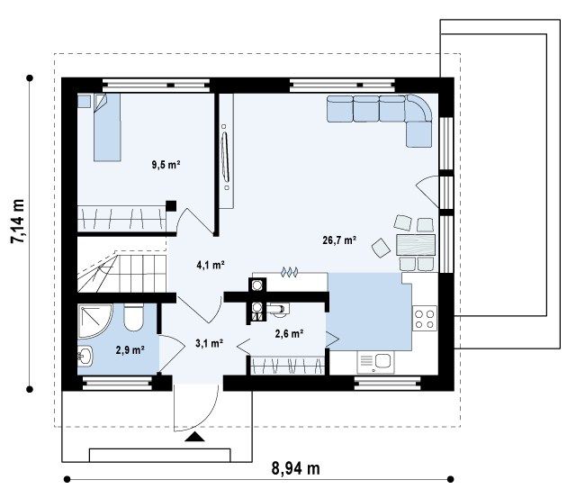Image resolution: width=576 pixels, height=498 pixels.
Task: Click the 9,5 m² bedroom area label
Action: pyautogui.click(x=166, y=165)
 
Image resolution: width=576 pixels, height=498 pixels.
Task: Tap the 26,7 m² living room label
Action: pyautogui.click(x=339, y=240)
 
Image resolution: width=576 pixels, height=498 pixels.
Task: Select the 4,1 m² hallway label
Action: pyautogui.click(x=211, y=265)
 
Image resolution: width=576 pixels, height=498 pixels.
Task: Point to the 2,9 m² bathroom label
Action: pyautogui.click(x=130, y=350)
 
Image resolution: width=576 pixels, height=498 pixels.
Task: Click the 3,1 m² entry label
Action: pyautogui.click(x=210, y=343)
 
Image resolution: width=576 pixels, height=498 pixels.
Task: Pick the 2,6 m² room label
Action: pyautogui.click(x=289, y=334)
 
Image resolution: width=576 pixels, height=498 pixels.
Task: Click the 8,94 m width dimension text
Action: pyautogui.click(x=296, y=468)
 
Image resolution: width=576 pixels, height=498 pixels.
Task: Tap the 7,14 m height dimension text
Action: pyautogui.click(x=18, y=222)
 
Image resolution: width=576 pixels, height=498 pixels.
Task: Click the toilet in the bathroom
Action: pyautogui.click(x=133, y=317)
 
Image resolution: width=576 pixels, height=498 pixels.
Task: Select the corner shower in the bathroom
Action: pyautogui.click(x=94, y=321)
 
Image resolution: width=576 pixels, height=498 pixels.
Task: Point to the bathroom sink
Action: pyautogui.click(x=85, y=356)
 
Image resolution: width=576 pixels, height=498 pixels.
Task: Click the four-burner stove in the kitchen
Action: pyautogui.click(x=425, y=319)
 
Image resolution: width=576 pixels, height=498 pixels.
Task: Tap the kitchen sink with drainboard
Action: pyautogui.click(x=376, y=362)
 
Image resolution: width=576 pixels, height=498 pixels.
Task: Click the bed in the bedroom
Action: pyautogui.click(x=107, y=127)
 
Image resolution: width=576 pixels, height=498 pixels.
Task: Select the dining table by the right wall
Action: pyautogui.click(x=416, y=245)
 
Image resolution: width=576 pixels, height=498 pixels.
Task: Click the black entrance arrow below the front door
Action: pyautogui.click(x=194, y=437)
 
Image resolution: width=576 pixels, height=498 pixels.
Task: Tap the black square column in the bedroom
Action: pyautogui.click(x=171, y=206)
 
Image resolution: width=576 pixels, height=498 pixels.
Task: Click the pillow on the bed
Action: pyautogui.click(x=100, y=103)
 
